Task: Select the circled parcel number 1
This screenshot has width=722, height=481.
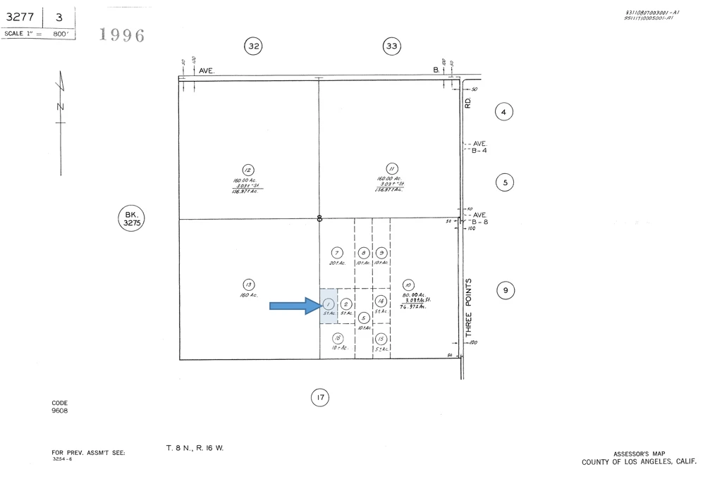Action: click(328, 304)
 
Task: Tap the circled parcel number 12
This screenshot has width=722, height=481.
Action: click(247, 170)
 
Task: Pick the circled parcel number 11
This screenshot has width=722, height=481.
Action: click(392, 169)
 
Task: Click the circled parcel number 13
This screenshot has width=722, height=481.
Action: click(248, 285)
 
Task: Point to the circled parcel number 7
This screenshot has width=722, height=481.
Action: click(336, 253)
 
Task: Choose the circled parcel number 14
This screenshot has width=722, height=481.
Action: click(381, 301)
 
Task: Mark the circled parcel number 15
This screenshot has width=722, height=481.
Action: click(381, 339)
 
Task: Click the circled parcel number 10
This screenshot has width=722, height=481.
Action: click(408, 285)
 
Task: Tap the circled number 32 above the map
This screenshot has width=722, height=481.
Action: click(254, 46)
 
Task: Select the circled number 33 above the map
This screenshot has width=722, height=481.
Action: click(392, 46)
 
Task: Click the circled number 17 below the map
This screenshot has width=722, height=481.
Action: click(320, 398)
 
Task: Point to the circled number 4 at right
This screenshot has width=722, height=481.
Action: click(503, 111)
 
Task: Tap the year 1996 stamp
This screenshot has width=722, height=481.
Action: click(123, 35)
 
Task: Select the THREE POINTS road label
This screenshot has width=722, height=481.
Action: click(468, 308)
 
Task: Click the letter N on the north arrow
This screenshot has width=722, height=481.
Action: click(60, 106)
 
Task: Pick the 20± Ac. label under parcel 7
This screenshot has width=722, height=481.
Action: click(336, 263)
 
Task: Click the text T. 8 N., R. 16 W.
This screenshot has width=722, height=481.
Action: click(195, 448)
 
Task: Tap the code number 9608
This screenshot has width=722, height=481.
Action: click(60, 411)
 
